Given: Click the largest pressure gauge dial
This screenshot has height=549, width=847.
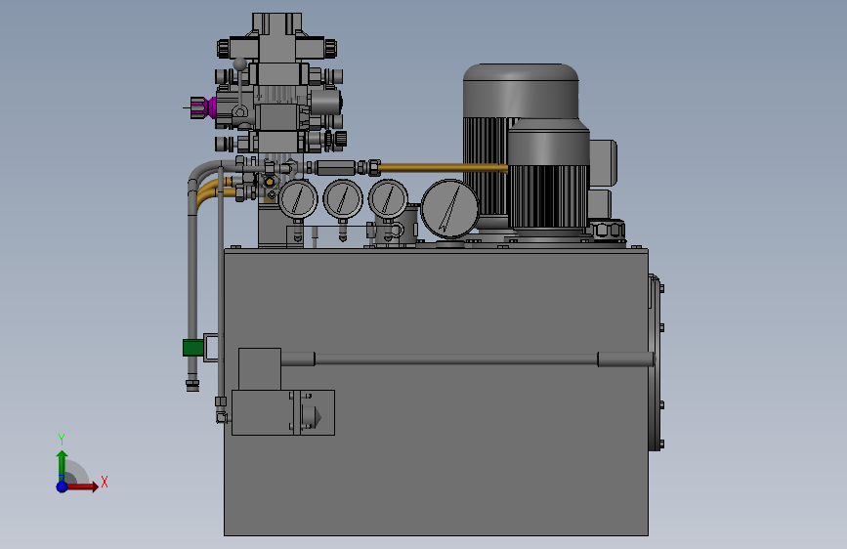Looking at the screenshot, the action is tap(449, 209).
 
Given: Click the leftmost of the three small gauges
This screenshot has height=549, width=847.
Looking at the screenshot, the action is tap(298, 199).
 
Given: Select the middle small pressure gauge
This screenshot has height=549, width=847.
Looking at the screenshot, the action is tap(343, 199).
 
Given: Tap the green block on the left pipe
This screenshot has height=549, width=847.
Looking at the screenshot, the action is tap(192, 348).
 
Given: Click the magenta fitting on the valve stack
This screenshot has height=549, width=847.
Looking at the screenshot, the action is tap(213, 107).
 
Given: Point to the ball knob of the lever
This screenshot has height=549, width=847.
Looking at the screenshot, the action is tap(240, 64).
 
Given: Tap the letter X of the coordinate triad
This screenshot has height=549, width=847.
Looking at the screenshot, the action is tap(105, 482).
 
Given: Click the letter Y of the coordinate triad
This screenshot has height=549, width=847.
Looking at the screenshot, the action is tap(62, 439).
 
